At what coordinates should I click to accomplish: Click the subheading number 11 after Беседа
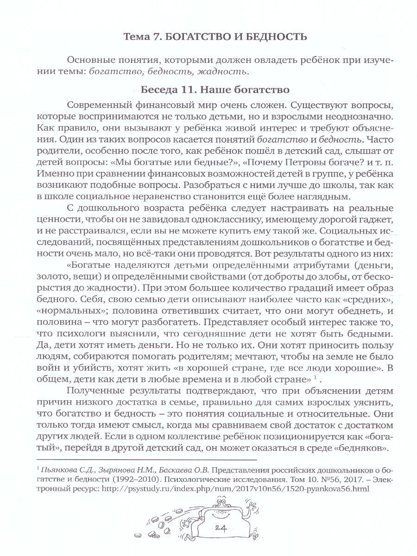pyautogui.click(x=196, y=88)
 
